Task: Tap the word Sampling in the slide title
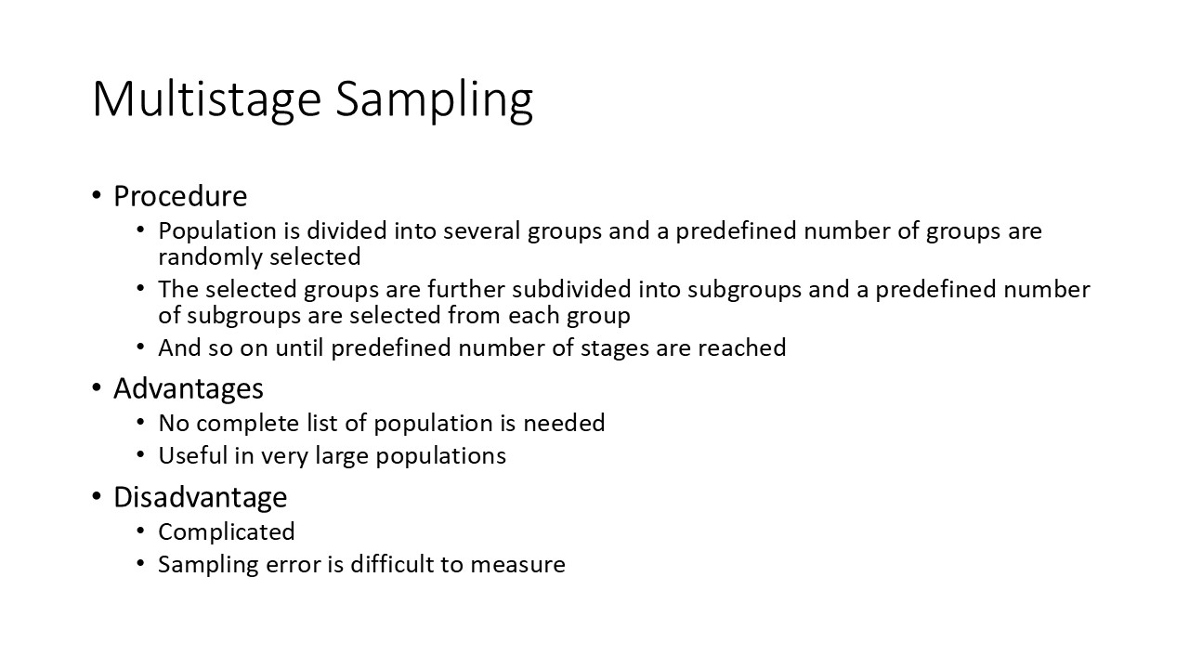click(435, 98)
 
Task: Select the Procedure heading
click(180, 196)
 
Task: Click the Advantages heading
click(189, 387)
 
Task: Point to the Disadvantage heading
click(200, 497)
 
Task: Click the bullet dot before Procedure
click(98, 196)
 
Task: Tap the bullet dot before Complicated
click(140, 531)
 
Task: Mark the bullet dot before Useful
click(140, 455)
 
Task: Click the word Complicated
click(227, 531)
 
